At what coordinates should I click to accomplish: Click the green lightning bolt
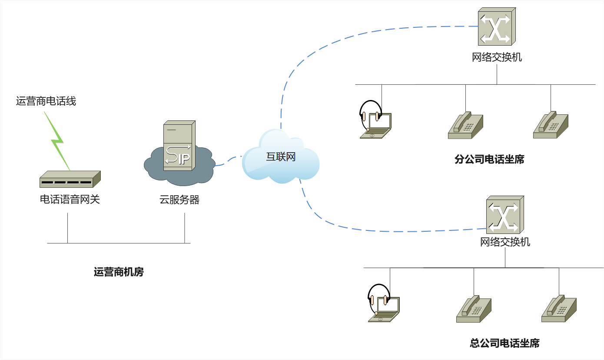[x=58, y=141]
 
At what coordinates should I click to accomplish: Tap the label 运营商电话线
[x=46, y=101]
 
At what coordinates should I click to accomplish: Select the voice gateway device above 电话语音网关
[x=70, y=179]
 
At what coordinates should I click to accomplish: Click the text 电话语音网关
[x=70, y=200]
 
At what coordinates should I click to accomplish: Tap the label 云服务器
[x=179, y=200]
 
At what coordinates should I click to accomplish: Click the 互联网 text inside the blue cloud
[x=281, y=157]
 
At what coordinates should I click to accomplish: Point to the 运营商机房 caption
[x=119, y=272]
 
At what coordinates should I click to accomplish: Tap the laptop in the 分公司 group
[x=376, y=127]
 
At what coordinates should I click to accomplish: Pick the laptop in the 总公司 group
[x=384, y=310]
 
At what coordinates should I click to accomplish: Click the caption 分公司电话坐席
[x=489, y=160]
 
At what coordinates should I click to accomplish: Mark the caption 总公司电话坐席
[x=504, y=343]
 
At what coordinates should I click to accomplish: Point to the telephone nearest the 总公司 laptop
[x=474, y=309]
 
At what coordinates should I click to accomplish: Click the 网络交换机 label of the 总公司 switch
[x=505, y=242]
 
